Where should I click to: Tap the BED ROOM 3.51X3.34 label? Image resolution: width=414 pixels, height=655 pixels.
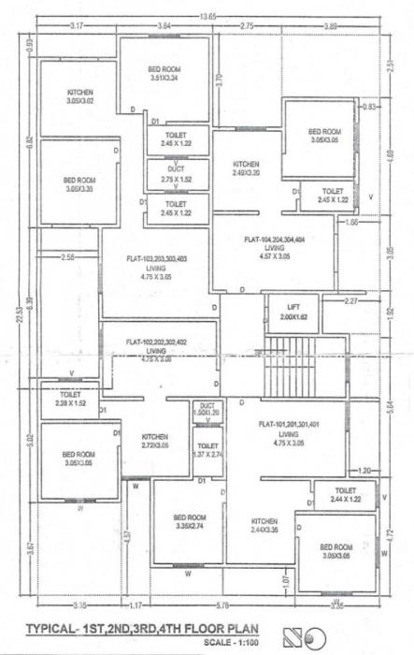tap(164, 74)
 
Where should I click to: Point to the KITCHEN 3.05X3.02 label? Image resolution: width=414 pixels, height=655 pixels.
tap(79, 96)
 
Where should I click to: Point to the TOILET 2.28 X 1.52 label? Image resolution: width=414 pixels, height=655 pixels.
tap(70, 399)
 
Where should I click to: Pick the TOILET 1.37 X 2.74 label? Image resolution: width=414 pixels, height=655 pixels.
tap(207, 450)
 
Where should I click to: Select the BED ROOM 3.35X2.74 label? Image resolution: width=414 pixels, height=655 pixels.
tap(190, 521)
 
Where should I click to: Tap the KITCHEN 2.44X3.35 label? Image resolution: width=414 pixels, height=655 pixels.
tap(264, 526)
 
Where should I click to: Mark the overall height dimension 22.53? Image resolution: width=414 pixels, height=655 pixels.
tap(18, 323)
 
